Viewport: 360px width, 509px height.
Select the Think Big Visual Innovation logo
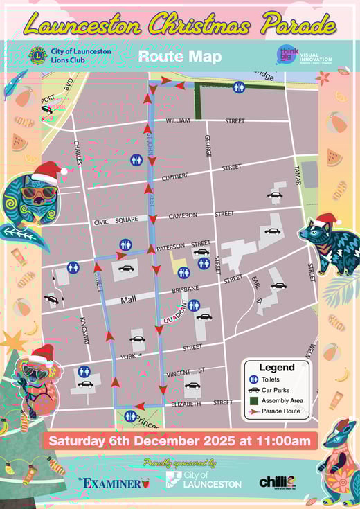click(x=288, y=55)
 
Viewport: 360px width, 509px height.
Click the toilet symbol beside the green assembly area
click(x=239, y=87)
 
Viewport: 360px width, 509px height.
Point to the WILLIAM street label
click(x=177, y=120)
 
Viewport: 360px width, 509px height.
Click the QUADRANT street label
click(x=175, y=312)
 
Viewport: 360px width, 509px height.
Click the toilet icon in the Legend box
click(x=254, y=379)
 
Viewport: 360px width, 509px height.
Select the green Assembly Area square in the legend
click(x=254, y=400)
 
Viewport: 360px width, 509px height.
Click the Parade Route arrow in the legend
click(x=254, y=411)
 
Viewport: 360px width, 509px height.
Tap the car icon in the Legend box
click(x=254, y=389)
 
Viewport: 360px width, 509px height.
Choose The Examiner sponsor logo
click(x=113, y=483)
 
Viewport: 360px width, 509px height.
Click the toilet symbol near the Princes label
click(x=131, y=416)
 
